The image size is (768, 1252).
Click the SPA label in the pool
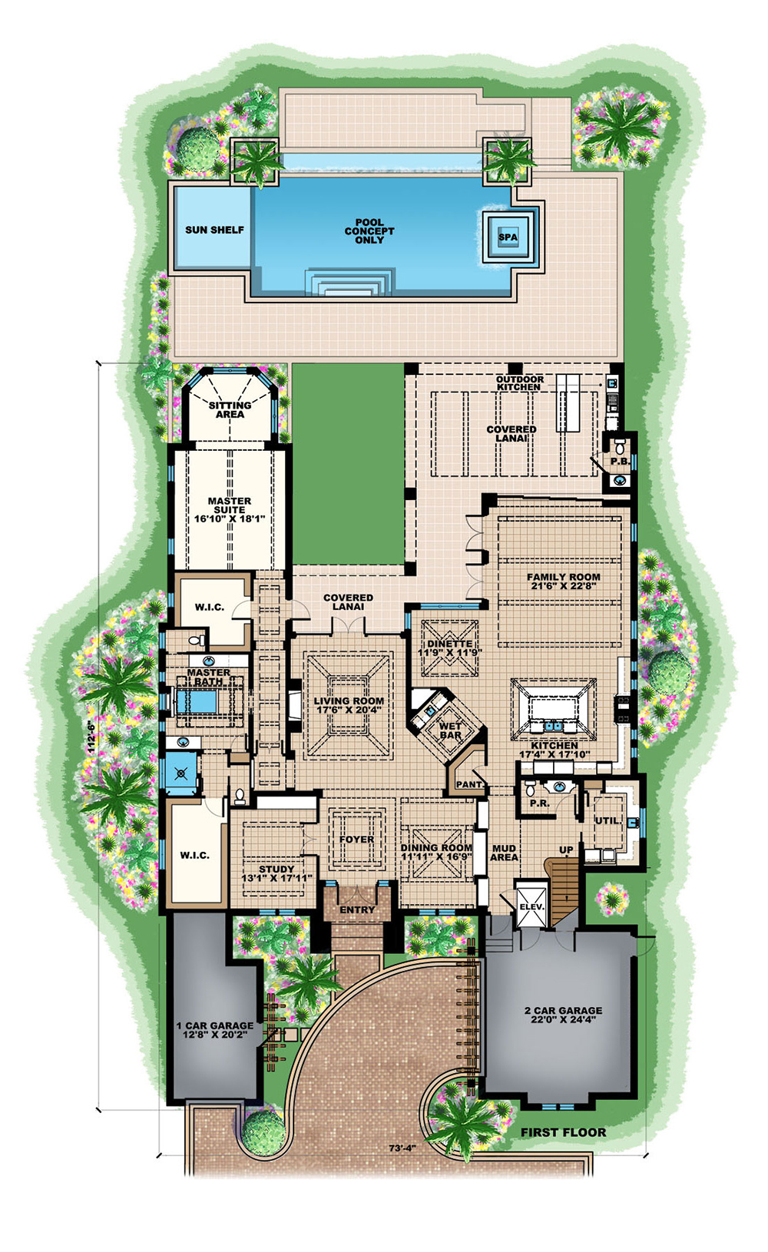click(508, 237)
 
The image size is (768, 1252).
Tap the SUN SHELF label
click(214, 230)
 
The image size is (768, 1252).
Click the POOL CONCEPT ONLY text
click(369, 231)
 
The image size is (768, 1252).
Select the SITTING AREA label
click(230, 409)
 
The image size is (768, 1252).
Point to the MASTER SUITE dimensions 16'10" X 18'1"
click(230, 519)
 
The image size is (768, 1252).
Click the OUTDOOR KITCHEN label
click(519, 383)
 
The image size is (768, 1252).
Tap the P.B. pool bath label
click(620, 462)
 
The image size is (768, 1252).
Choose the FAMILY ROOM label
click(563, 577)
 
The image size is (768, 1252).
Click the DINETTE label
click(450, 644)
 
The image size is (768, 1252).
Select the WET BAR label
click(450, 730)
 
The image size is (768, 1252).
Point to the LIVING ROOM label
click(349, 701)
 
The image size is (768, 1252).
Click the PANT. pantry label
click(469, 785)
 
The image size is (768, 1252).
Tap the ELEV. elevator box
click(531, 906)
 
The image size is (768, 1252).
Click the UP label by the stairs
click(566, 850)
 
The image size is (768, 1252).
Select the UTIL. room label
click(607, 820)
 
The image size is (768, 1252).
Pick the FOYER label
click(356, 840)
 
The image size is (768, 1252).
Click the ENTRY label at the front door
click(357, 909)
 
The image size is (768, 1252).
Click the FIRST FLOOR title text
click(563, 1132)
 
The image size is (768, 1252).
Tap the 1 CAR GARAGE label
click(215, 1025)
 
